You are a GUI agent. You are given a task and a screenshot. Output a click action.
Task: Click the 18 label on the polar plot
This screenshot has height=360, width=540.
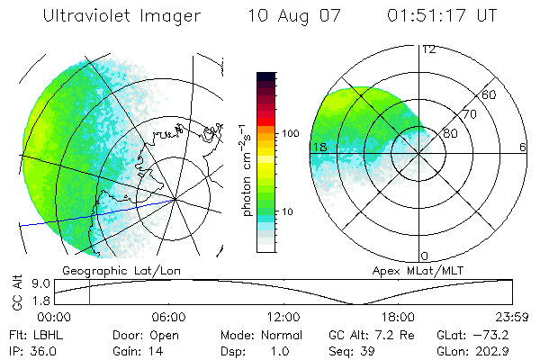[318, 148]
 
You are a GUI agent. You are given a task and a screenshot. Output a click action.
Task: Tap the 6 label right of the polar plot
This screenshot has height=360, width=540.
[523, 148]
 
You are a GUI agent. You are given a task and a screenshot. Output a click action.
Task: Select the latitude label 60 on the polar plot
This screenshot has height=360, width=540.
[490, 94]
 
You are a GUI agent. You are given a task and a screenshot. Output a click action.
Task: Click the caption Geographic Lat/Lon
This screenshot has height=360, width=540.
[107, 270]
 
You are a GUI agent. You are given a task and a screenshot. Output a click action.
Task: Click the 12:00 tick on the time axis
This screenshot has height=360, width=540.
[283, 317]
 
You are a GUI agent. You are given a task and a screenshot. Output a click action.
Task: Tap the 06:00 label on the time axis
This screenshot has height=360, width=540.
[169, 317]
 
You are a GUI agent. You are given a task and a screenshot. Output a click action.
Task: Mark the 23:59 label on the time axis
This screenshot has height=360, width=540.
[512, 317]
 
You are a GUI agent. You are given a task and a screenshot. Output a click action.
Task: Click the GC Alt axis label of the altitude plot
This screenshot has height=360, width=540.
[16, 292]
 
